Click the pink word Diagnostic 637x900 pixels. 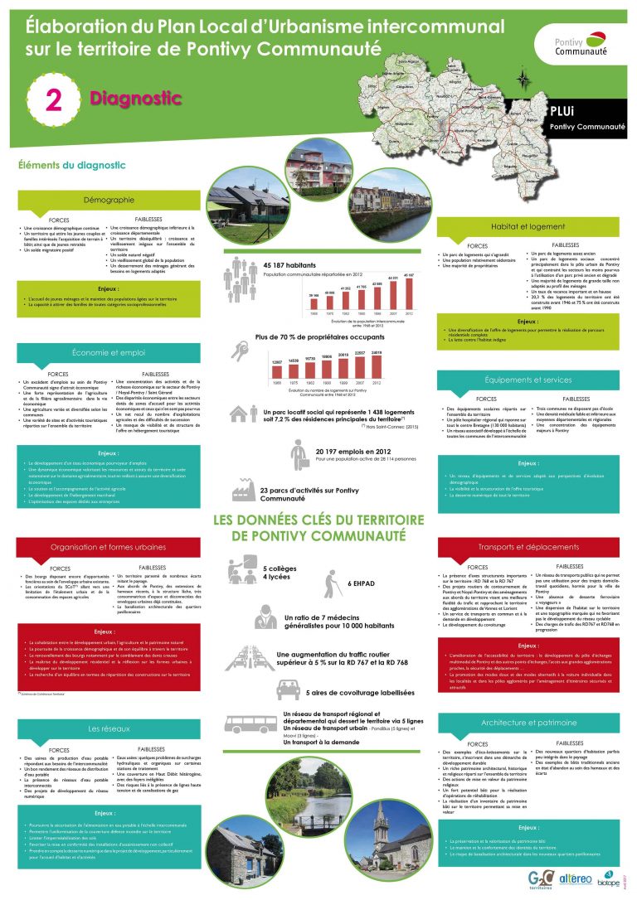pos(136,99)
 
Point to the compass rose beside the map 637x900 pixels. pos(523,80)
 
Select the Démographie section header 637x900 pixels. pos(109,201)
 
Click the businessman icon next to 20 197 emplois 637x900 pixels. pos(300,455)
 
